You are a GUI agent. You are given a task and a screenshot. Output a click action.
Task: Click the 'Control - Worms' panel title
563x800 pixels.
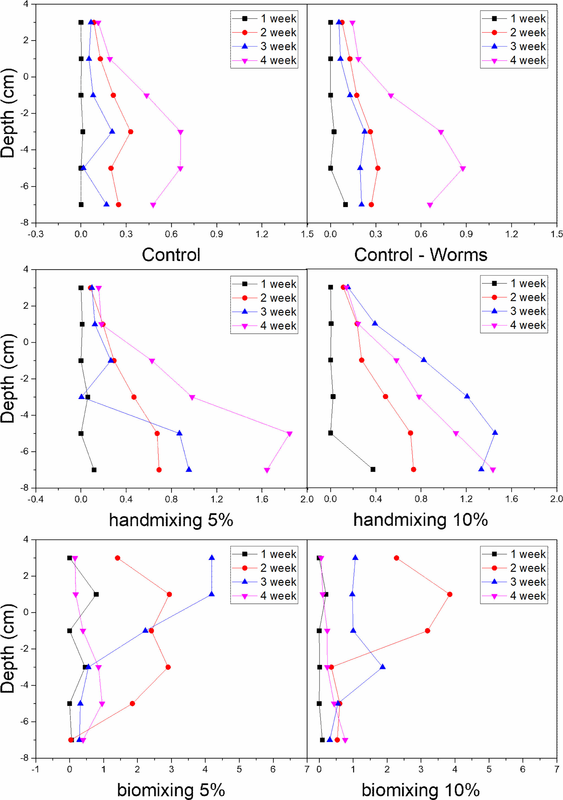tap(420, 255)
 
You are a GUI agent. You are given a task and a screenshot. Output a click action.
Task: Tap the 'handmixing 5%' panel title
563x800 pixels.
tap(171, 520)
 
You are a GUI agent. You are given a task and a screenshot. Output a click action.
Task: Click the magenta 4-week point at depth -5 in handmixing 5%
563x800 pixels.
tap(289, 434)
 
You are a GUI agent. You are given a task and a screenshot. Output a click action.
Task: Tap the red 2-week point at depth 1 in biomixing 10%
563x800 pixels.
tap(449, 594)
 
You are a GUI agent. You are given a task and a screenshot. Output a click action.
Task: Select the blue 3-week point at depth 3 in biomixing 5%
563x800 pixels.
tap(212, 558)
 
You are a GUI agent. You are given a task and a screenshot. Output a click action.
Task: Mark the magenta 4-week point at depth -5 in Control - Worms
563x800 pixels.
tap(463, 169)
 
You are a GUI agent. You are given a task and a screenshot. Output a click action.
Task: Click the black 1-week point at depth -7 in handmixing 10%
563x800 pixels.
tap(373, 469)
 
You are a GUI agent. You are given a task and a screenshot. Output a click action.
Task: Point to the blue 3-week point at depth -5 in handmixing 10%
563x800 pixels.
tap(495, 432)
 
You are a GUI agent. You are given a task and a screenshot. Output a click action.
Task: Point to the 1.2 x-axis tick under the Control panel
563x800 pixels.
tap(262, 234)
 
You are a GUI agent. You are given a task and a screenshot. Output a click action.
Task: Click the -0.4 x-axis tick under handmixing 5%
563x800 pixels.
tap(35, 499)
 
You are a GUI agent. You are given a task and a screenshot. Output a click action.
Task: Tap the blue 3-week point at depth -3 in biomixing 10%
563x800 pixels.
tap(383, 667)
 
